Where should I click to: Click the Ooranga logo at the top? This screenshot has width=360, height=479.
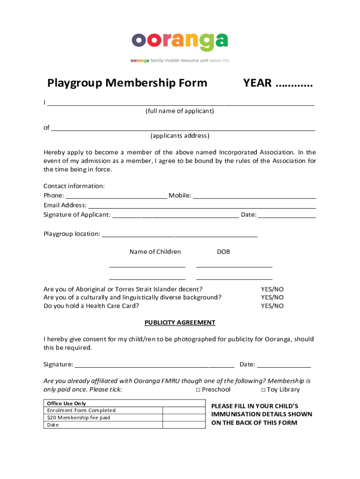pyautogui.click(x=180, y=43)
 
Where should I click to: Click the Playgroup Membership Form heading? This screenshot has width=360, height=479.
pyautogui.click(x=127, y=83)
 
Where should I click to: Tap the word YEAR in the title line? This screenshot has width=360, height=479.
pyautogui.click(x=257, y=83)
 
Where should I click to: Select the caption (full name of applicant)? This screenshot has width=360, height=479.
pyautogui.click(x=180, y=111)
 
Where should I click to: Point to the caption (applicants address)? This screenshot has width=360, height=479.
pyautogui.click(x=180, y=136)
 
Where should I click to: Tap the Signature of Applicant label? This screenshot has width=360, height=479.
pyautogui.click(x=77, y=215)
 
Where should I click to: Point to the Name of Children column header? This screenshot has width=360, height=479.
pyautogui.click(x=155, y=252)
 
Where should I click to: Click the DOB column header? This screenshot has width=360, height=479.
pyautogui.click(x=223, y=252)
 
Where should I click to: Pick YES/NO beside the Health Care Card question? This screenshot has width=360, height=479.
pyautogui.click(x=272, y=306)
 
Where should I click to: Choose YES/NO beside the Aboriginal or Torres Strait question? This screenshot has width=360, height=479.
pyautogui.click(x=272, y=289)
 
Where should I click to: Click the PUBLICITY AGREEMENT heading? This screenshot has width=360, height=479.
pyautogui.click(x=180, y=322)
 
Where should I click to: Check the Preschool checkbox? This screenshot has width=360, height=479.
pyautogui.click(x=198, y=390)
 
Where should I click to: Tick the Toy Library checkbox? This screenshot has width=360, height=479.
pyautogui.click(x=263, y=390)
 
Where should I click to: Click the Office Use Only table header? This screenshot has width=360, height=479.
pyautogui.click(x=66, y=403)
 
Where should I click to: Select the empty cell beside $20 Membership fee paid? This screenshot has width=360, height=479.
pyautogui.click(x=184, y=417)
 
